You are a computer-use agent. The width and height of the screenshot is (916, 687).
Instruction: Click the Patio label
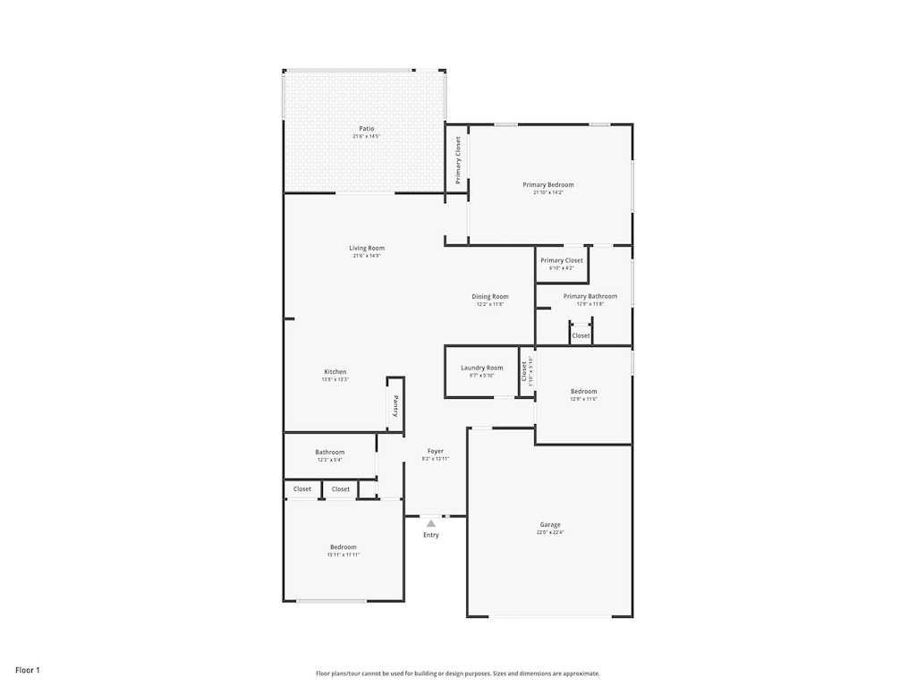coord(367,129)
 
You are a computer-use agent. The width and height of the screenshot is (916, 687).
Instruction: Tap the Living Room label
coord(367,248)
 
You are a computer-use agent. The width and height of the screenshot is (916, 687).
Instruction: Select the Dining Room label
coord(490,296)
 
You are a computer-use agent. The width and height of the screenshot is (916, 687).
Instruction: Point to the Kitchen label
coord(335,371)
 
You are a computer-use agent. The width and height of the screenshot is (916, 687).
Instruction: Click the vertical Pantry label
coord(395,406)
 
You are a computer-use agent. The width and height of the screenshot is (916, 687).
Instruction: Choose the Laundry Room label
coord(481,368)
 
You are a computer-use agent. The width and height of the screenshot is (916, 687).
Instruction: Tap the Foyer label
coord(435,451)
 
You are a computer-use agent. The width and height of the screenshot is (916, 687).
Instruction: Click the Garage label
coord(550,524)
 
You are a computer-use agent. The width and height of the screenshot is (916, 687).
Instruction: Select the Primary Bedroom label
coord(548,184)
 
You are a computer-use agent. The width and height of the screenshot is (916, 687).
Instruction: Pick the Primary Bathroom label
coord(589,296)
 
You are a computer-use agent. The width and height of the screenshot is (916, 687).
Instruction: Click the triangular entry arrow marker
coord(430,523)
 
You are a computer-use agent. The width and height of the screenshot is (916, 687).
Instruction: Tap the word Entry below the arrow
coord(431,535)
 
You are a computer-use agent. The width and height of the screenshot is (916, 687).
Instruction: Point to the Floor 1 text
coord(28,670)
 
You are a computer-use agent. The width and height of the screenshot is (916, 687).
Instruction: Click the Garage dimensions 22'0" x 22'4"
coord(550,532)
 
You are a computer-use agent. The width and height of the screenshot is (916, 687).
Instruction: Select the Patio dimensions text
coord(367,137)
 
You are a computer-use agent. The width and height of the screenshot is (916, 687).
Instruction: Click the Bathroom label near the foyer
coord(329,452)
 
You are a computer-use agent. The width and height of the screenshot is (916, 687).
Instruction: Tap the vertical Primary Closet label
coord(458,160)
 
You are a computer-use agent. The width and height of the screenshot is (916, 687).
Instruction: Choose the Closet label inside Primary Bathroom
coord(581,335)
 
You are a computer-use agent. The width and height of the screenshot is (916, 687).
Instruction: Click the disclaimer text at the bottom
coord(457,674)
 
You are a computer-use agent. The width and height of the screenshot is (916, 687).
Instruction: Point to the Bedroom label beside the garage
coord(583,391)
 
